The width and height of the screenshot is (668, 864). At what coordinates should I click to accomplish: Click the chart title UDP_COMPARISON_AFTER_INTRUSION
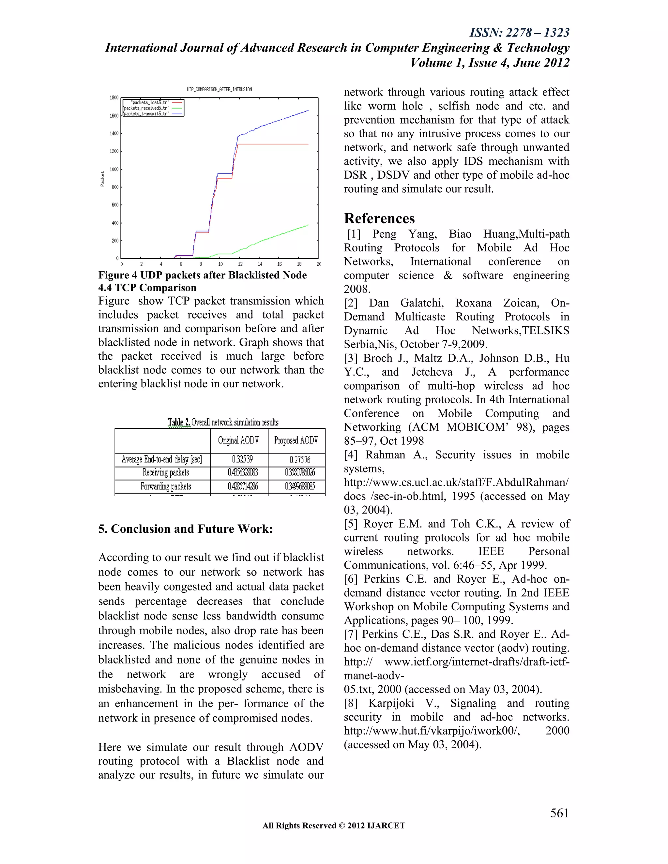tap(219, 89)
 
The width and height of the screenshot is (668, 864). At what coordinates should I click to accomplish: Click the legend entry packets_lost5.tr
tap(150, 102)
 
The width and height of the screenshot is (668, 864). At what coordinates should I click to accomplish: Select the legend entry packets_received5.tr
tap(146, 108)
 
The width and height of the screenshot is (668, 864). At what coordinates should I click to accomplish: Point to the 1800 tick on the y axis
tap(114, 98)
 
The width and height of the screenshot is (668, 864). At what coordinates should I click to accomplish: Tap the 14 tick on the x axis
tap(260, 264)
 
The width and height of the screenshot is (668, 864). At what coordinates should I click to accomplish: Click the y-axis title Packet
tap(102, 179)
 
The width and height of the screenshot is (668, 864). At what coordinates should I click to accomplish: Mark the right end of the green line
tap(308, 225)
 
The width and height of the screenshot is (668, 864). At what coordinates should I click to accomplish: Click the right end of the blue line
tap(308, 111)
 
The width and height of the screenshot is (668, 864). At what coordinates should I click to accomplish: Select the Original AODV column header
tap(239, 440)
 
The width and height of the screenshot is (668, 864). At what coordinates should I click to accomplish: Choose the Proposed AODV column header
tap(296, 440)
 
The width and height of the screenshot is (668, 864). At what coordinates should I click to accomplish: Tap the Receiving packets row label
tap(165, 472)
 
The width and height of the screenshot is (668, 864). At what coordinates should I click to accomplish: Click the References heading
tap(379, 218)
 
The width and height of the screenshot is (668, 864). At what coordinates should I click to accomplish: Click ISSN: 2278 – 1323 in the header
tap(519, 32)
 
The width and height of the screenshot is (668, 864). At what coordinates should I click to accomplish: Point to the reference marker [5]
tap(351, 524)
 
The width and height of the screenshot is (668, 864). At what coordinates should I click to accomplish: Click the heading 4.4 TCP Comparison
tap(147, 288)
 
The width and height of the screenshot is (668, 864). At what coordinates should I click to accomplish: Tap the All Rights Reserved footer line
tap(334, 825)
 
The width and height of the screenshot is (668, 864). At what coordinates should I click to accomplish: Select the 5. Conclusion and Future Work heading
tap(185, 529)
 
